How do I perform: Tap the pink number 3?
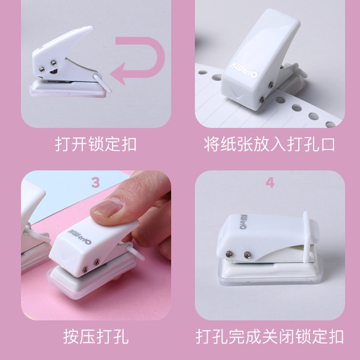point(96,183)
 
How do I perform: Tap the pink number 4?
point(270,183)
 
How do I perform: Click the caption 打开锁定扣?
point(96,145)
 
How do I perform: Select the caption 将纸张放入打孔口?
point(269,145)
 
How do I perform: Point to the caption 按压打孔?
point(96,337)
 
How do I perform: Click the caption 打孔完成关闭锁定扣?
point(269,337)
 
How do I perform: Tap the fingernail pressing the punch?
point(108,207)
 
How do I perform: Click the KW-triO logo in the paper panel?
point(244,70)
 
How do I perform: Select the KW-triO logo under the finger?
point(80,237)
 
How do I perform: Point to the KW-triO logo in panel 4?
point(243,222)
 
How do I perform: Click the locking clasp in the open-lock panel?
point(102,83)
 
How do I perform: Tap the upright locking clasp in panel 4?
point(305,237)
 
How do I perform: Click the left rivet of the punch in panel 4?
point(229,254)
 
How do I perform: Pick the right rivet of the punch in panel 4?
point(247,255)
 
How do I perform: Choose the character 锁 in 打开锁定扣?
point(96,145)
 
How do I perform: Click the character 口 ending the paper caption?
point(328,145)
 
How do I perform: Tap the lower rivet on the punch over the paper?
point(262,99)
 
